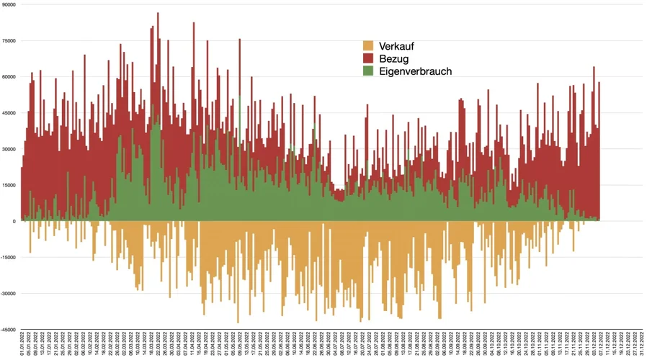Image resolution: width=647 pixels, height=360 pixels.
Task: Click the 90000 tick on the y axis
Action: pyautogui.click(x=9, y=4)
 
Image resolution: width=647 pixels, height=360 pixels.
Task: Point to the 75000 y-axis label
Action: pyautogui.click(x=9, y=40)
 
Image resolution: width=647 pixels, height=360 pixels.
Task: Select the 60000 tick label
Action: pyautogui.click(x=9, y=76)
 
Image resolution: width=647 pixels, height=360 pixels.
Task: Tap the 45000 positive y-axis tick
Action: pyautogui.click(x=9, y=112)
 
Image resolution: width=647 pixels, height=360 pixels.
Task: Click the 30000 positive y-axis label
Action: pyautogui.click(x=9, y=149)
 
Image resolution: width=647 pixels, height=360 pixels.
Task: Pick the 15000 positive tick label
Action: pyautogui.click(x=9, y=185)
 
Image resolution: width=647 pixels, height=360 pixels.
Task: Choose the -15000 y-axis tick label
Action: pyautogui.click(x=8, y=257)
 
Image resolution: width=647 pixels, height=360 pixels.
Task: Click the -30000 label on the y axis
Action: pyautogui.click(x=8, y=293)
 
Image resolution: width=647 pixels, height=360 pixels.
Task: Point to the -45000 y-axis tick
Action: pyautogui.click(x=8, y=330)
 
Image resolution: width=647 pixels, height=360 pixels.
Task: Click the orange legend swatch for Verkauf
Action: pyautogui.click(x=368, y=46)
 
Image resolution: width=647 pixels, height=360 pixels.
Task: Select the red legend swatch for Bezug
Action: pyautogui.click(x=368, y=58)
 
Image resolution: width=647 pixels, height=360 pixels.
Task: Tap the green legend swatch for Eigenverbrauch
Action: pyautogui.click(x=368, y=71)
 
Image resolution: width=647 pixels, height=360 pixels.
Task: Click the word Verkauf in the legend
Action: pyautogui.click(x=398, y=46)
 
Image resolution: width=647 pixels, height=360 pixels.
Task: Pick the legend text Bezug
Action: pyautogui.click(x=393, y=58)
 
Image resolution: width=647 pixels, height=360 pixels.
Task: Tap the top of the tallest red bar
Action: pyautogui.click(x=158, y=14)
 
